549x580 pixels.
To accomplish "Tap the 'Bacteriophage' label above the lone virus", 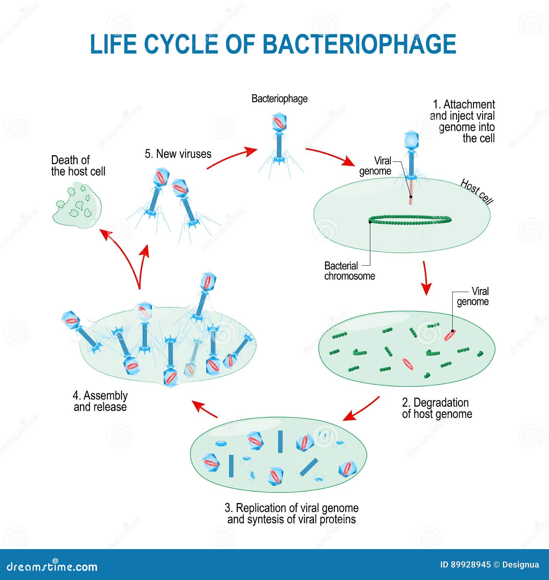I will [279, 99].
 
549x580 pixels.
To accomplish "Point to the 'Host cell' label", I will [476, 192].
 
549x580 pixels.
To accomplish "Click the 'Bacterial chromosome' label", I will [349, 271].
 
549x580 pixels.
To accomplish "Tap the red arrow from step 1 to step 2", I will [426, 278].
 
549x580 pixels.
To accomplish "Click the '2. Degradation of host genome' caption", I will [437, 408].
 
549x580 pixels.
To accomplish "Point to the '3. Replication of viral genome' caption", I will [291, 513].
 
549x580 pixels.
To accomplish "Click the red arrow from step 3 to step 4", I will [205, 409].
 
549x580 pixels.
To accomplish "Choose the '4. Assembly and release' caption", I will [100, 401].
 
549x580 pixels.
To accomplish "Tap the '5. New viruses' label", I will [178, 154].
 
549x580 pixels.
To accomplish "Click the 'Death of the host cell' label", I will [78, 166].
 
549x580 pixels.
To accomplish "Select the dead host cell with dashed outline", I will [78, 206].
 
